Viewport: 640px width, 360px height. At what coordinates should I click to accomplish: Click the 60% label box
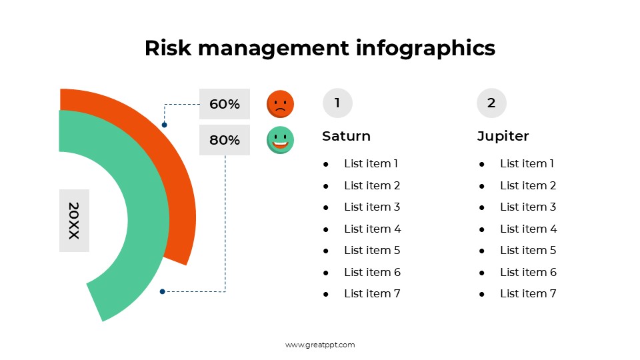[224, 104]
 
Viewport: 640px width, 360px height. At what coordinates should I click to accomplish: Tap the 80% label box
[224, 140]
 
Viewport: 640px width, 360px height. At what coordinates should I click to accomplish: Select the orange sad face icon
[280, 104]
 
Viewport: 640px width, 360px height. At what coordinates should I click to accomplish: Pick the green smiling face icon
[280, 140]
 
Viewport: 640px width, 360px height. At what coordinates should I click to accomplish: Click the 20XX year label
[74, 221]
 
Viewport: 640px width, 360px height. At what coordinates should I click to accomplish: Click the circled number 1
[337, 103]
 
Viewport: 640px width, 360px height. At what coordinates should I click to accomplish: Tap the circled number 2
[491, 103]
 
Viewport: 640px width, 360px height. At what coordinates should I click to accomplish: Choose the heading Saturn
[346, 136]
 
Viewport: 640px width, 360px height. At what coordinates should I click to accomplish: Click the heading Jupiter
[503, 136]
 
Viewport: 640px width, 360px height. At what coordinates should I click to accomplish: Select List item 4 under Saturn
[372, 229]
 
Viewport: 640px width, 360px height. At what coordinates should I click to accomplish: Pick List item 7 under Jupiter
[528, 293]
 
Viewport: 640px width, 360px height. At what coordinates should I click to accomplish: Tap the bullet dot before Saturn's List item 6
[326, 273]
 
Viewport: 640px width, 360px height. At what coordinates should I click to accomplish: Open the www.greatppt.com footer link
[320, 345]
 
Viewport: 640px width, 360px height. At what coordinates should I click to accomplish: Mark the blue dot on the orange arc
[164, 125]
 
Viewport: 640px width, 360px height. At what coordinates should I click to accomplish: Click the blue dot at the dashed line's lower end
[162, 291]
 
